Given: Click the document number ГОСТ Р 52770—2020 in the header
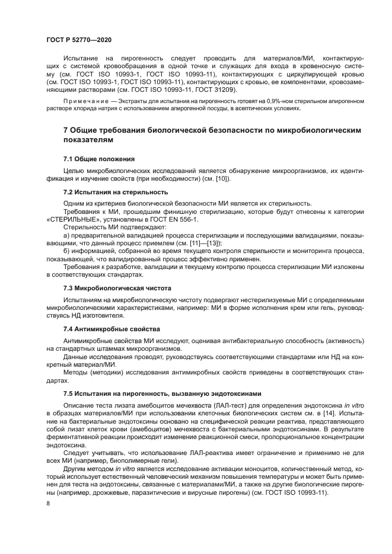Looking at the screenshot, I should pos(79,39).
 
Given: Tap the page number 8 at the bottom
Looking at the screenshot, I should pos(48,504).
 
